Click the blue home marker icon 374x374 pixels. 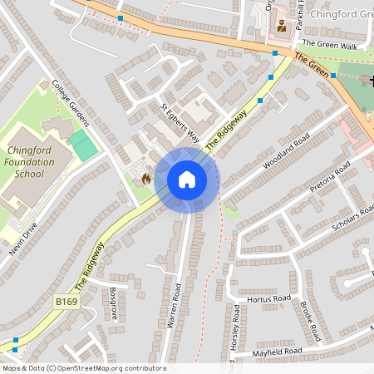(187, 180)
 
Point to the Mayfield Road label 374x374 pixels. (278, 352)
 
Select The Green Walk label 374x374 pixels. (331, 44)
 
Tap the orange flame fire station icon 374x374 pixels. (146, 178)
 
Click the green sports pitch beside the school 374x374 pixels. (82, 144)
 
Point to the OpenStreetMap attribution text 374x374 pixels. (83, 368)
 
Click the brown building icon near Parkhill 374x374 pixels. (281, 26)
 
